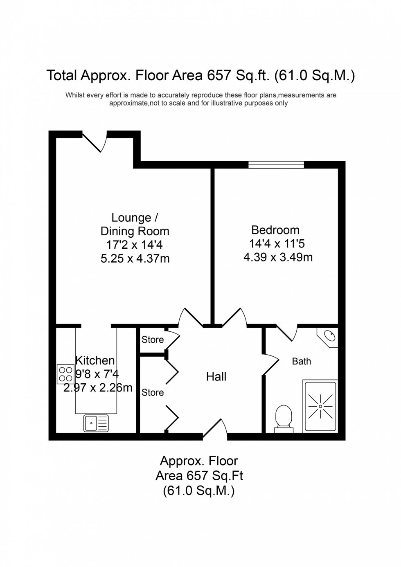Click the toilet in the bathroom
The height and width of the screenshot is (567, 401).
point(283,417)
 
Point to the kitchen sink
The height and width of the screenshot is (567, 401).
point(96,423)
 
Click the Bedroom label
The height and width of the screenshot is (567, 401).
point(275,230)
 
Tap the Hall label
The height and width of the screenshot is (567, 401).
point(216,376)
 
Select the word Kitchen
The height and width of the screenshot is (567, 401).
point(95,360)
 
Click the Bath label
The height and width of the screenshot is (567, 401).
point(302,361)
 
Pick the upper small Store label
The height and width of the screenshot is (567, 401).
point(153,340)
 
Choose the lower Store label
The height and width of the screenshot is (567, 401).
point(153,392)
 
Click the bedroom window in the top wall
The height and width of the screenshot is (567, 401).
point(276,165)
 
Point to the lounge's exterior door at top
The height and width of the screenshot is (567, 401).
point(95,141)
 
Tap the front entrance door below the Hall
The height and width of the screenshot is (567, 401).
point(215,430)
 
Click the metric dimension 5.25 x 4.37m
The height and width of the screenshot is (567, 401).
point(135,259)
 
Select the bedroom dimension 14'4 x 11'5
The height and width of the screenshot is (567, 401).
point(277,244)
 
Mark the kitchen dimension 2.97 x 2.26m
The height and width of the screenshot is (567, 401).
point(98,387)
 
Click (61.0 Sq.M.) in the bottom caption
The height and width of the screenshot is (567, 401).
point(199,490)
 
